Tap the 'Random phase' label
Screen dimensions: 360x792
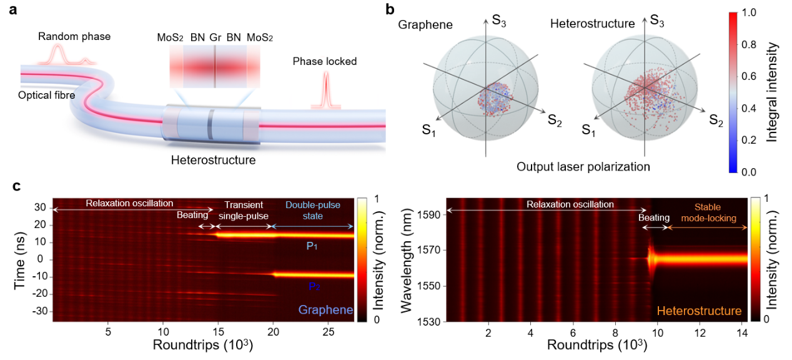pos(74,36)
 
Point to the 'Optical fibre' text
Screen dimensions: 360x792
pos(47,94)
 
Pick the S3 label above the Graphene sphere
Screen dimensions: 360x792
pos(499,20)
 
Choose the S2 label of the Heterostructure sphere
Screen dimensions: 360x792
pos(716,121)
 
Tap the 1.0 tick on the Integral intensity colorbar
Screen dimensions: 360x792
pos(750,12)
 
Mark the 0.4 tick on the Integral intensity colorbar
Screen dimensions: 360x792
pos(750,107)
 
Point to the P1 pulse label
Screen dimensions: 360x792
pos(312,246)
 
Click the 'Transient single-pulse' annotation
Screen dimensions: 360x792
pos(244,210)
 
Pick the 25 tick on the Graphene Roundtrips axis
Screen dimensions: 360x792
pos(327,331)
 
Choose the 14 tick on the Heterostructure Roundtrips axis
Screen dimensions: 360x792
pos(743,331)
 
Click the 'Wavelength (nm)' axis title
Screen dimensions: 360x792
pos(407,259)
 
